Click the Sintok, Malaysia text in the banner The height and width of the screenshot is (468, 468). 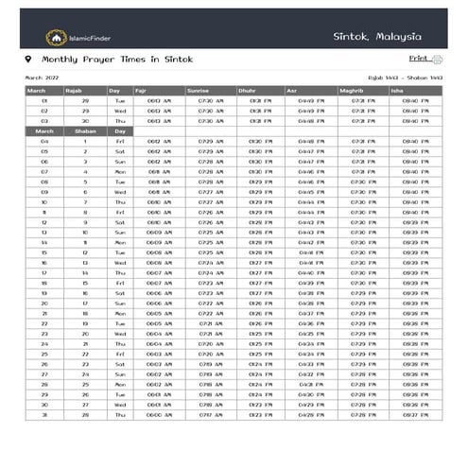point(377,36)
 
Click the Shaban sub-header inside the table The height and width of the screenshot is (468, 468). point(85,131)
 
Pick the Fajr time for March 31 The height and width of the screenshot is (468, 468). point(160,415)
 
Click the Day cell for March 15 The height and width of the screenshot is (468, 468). point(119,252)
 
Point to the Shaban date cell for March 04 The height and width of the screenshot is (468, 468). point(85,142)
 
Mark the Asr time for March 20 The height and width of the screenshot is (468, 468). point(311,303)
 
